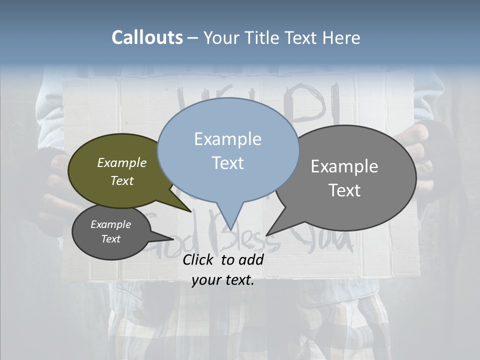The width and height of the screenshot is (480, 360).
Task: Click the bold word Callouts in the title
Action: click(x=147, y=37)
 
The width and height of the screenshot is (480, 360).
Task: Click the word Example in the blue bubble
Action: click(x=227, y=139)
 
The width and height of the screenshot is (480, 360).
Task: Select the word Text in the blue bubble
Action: click(x=227, y=163)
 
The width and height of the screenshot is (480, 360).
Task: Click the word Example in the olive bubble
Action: click(x=122, y=162)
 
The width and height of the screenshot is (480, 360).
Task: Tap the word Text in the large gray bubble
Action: click(x=344, y=190)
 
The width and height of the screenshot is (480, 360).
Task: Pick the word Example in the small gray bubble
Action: click(x=110, y=224)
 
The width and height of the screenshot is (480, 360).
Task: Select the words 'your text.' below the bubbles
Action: click(x=223, y=280)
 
